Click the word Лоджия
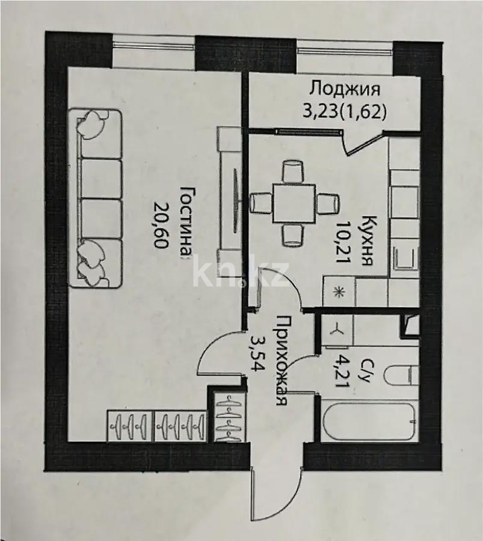tap(345, 89)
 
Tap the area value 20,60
tap(161, 225)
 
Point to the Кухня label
tap(367, 240)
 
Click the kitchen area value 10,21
tap(343, 242)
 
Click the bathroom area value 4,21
tap(339, 374)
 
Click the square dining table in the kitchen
tap(295, 203)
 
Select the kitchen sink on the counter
tap(406, 258)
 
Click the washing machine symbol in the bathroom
tap(336, 329)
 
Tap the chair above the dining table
tap(293, 171)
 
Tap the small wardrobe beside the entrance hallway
tap(229, 416)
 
